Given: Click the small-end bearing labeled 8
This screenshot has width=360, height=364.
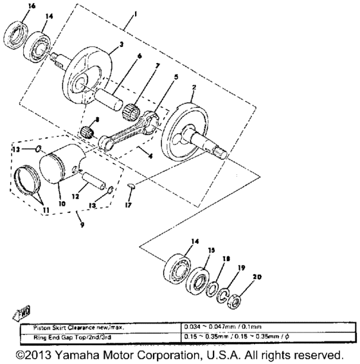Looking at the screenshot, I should coord(87,134).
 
